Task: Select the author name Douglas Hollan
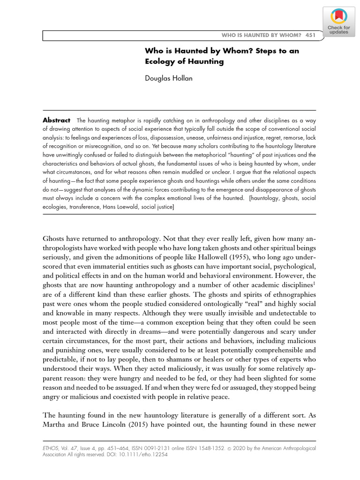coord(169,78)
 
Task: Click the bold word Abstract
coord(56,120)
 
